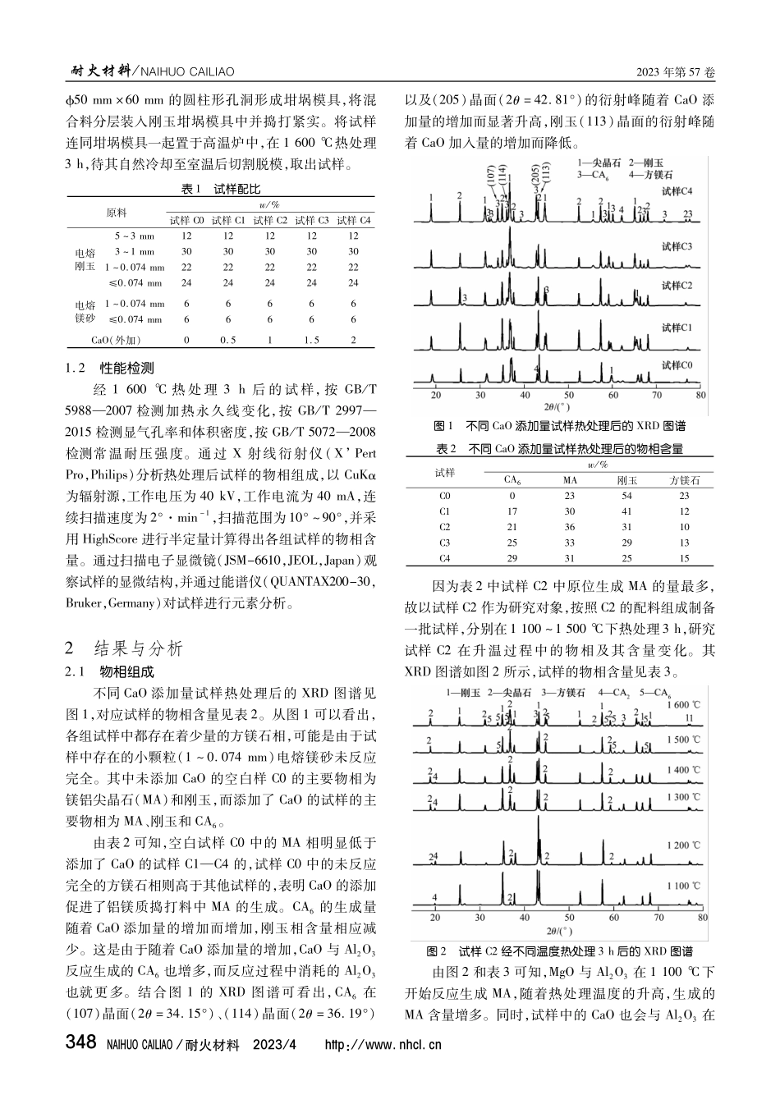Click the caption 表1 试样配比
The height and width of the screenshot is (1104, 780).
tap(220, 189)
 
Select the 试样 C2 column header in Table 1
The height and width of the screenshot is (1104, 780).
tap(270, 220)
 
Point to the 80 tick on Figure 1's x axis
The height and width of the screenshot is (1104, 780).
tap(700, 395)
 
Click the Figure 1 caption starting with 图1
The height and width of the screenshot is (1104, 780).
tap(559, 426)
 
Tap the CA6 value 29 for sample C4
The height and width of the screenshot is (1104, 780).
tap(512, 557)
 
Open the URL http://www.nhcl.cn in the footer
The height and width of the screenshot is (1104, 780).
tap(383, 1046)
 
